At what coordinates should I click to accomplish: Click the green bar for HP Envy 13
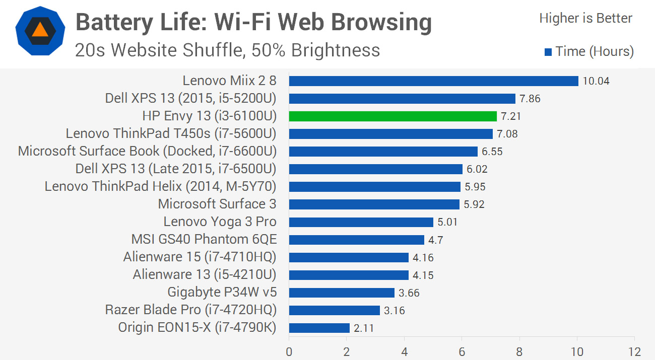coord(393,116)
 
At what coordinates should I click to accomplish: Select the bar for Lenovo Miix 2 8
coord(433,81)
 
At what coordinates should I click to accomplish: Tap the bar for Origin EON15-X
coord(319,328)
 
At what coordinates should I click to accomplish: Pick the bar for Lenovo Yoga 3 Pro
coord(361,222)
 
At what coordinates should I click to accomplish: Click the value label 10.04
coord(596,81)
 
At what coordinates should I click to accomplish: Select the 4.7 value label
coord(436,240)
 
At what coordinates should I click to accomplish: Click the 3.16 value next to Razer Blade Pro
coord(394,310)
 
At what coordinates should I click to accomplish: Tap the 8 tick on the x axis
coord(519,351)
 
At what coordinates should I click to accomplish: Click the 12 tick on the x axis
coord(634,351)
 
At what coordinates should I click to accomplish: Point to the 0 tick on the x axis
coord(289,351)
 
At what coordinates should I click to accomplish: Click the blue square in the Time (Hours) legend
coord(548,52)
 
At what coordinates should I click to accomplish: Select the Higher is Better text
coord(585,19)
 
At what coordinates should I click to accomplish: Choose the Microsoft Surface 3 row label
coord(217,204)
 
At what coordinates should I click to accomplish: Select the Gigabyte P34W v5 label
coord(222,293)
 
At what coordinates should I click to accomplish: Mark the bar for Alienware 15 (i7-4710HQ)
coord(349,257)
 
